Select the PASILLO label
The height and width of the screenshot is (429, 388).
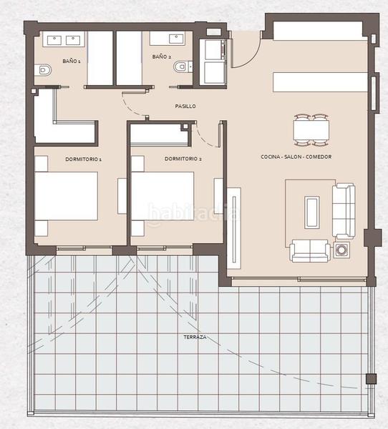tap(185, 106)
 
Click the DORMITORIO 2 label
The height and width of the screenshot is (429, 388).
tap(183, 159)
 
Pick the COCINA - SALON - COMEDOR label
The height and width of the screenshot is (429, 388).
tap(296, 157)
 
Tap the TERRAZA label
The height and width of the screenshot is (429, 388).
tap(195, 336)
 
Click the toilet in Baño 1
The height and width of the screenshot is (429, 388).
tap(44, 70)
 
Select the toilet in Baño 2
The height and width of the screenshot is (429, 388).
tap(181, 67)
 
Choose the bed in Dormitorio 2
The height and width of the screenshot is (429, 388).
tap(162, 196)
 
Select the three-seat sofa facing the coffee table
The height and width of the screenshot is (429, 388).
tap(344, 210)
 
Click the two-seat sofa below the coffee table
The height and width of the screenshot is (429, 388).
tap(310, 250)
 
